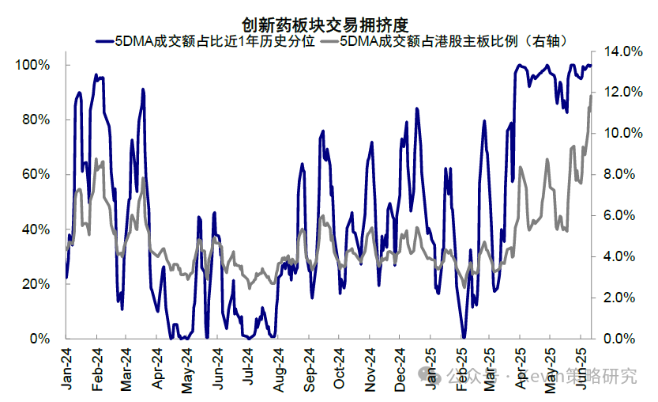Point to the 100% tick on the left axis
click(33, 64)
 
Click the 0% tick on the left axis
click(39, 339)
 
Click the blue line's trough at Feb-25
click(462, 336)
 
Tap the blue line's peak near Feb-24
click(96, 75)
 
